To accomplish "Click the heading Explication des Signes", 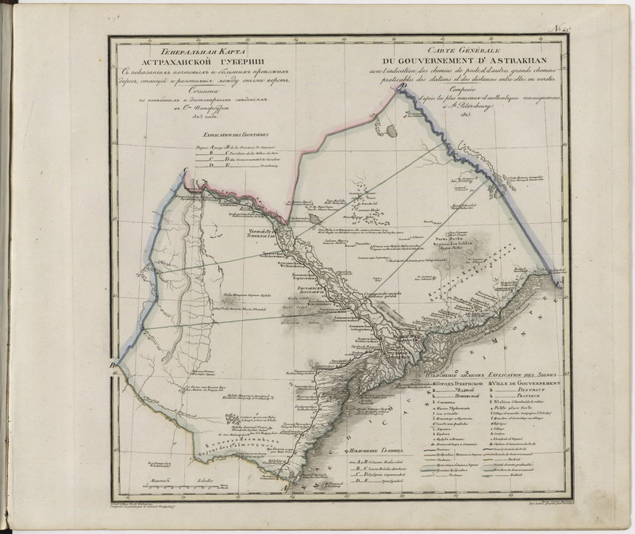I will click(521, 373).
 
